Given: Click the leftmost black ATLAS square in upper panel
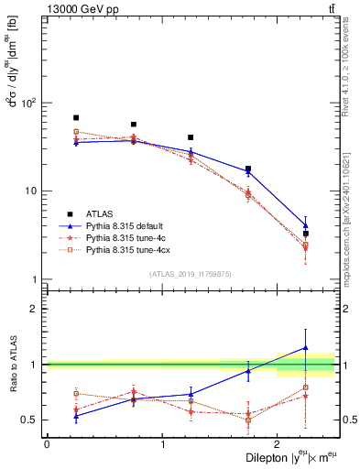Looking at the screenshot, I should coord(76,118).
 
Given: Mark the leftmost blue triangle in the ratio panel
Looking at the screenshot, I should coord(76,416).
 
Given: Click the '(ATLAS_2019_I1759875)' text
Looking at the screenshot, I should coord(191,273).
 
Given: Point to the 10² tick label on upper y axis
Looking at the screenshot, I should coord(29,103).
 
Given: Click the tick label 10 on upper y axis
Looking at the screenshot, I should coord(31,191).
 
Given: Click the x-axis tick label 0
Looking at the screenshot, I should coord(47,444).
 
